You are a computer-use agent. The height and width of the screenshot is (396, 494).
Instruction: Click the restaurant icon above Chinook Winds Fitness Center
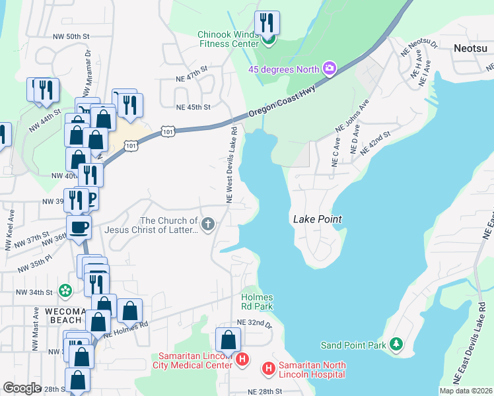coord(267,24)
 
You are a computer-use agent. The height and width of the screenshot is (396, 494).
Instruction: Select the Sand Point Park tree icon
coord(396,344)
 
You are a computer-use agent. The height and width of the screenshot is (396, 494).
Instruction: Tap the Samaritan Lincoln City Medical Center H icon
coord(242,360)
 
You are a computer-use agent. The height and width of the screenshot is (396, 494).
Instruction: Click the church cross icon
coord(208,224)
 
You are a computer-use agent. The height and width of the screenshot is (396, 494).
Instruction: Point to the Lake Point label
coord(316,218)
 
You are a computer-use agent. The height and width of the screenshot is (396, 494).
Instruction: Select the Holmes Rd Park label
coord(257,302)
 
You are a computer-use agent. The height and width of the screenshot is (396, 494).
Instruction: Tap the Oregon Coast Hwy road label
coord(282,102)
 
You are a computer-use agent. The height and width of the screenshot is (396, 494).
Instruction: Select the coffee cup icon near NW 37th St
coord(80,227)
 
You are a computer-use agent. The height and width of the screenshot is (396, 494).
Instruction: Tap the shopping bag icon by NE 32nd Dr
coord(228,341)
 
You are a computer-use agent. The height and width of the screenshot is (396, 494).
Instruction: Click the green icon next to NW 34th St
coord(65,290)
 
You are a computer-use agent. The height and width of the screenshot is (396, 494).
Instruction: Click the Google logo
coord(22,388)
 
